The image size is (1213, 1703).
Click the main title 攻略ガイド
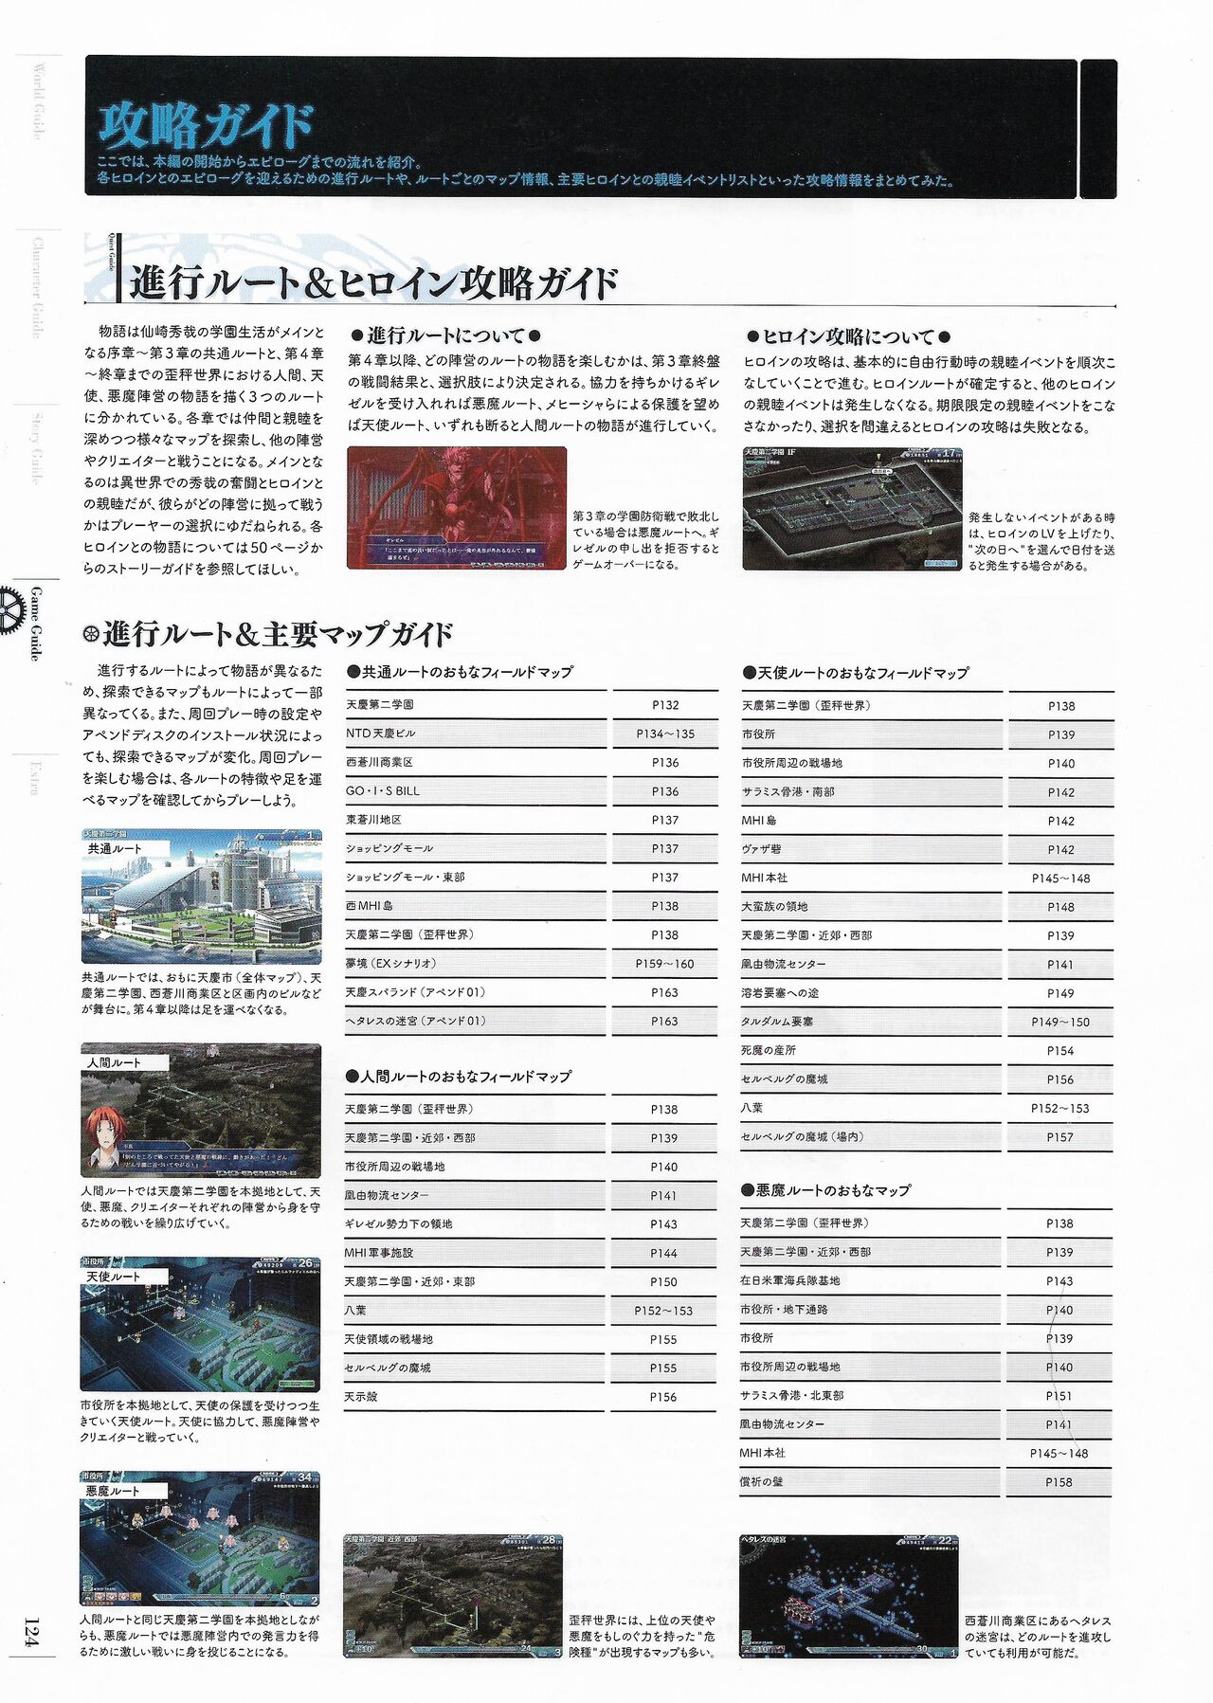point(205,126)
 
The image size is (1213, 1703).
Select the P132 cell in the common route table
point(665,705)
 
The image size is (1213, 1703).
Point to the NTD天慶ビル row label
point(380,734)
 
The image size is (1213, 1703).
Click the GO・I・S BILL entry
point(383,791)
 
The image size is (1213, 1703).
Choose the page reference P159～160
point(664,964)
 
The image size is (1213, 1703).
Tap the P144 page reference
point(663,1253)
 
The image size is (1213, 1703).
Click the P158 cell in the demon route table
point(1059,1482)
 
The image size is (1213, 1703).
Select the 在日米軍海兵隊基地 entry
point(789,1281)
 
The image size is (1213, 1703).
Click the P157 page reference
point(1059,1137)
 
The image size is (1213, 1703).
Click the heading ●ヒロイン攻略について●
point(848,336)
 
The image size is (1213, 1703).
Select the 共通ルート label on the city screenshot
point(115,849)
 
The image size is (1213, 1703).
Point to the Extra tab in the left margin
point(35,777)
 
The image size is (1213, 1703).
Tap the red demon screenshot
point(456,507)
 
